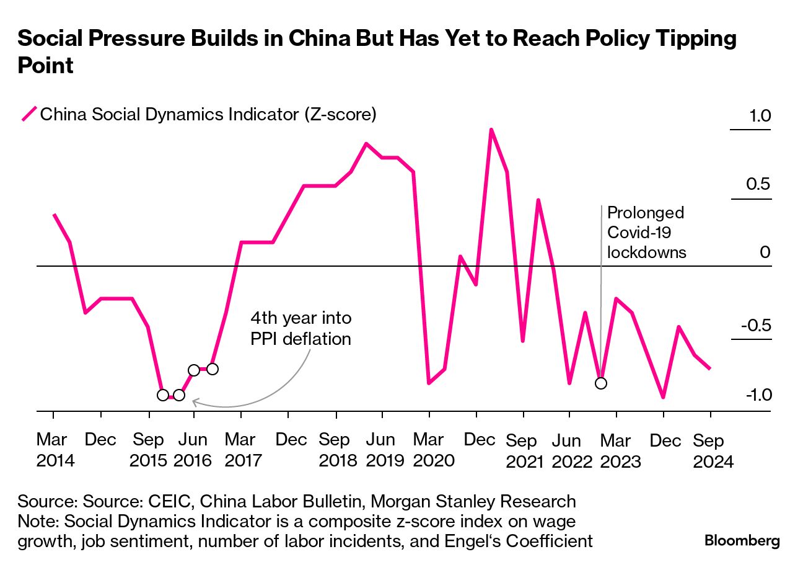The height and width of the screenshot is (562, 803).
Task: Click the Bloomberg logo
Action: pyautogui.click(x=742, y=540)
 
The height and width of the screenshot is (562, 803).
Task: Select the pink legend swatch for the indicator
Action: pyautogui.click(x=29, y=115)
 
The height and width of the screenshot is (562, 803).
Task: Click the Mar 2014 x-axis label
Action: pyautogui.click(x=55, y=450)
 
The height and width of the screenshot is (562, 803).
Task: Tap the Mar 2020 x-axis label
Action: pyautogui.click(x=429, y=450)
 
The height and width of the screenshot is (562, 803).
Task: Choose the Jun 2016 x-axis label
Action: pyautogui.click(x=193, y=450)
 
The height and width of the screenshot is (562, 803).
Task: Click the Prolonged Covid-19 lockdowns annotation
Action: pyautogui.click(x=646, y=233)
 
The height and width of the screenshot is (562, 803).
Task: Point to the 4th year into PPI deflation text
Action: pyautogui.click(x=301, y=329)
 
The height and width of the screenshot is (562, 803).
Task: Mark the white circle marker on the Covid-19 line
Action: pyautogui.click(x=600, y=383)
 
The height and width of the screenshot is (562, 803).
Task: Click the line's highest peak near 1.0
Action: pyautogui.click(x=491, y=130)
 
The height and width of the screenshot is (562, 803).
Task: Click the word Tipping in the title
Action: pyautogui.click(x=700, y=39)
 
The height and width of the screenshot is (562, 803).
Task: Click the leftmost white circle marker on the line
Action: pyautogui.click(x=163, y=395)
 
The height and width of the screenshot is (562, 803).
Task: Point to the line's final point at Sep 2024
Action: pyautogui.click(x=710, y=368)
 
